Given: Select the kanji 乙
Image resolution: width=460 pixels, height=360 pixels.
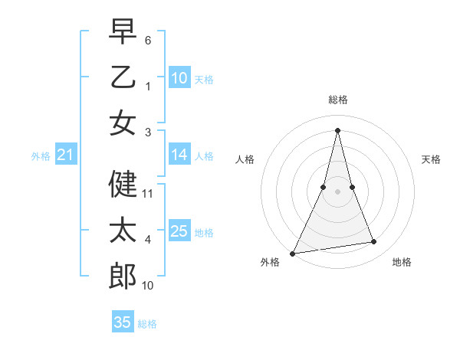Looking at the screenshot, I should (123, 77).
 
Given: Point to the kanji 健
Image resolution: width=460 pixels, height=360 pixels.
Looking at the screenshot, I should (123, 184).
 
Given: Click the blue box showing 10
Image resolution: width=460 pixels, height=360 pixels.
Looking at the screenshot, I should (179, 77).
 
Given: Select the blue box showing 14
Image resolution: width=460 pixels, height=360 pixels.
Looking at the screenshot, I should (179, 155).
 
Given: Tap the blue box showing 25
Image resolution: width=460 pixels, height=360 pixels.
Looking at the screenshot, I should (179, 231).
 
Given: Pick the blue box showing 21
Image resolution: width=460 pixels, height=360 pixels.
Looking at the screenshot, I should (65, 155).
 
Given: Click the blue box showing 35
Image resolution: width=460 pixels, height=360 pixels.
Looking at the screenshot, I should (123, 322).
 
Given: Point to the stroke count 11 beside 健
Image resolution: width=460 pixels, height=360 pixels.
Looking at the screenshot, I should (148, 194).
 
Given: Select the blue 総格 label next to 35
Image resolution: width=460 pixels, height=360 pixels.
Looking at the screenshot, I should (147, 324).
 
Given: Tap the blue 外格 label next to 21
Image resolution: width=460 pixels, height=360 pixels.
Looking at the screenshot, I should (41, 156).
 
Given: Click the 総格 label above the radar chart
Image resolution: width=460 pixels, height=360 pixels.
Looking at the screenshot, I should (337, 100).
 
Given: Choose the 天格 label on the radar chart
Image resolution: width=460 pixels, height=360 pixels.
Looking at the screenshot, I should (432, 159).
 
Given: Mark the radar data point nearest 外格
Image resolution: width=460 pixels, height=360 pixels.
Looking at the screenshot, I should (292, 253).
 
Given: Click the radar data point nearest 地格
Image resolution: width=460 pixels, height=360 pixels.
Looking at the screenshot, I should (374, 242).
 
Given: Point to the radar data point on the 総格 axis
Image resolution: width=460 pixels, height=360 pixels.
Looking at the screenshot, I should (337, 129).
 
